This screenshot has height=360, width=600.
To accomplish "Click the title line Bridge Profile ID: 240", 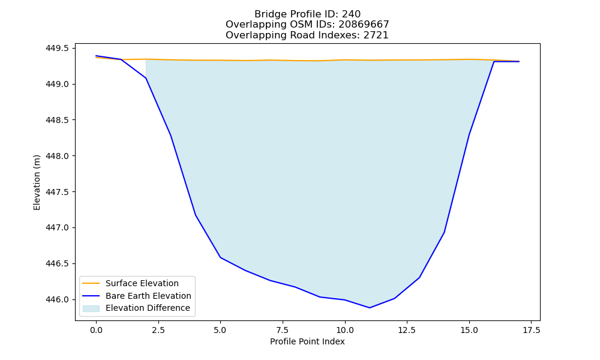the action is click(307, 14).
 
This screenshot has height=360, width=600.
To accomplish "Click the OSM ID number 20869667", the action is click(364, 25).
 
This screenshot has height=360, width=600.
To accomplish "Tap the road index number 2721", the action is click(376, 35).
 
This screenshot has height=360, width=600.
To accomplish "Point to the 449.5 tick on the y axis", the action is click(58, 48).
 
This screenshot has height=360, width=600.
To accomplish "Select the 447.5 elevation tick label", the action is click(58, 191).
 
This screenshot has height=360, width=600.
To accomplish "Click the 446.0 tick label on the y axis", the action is click(58, 299).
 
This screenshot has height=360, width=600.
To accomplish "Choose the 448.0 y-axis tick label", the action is click(58, 156).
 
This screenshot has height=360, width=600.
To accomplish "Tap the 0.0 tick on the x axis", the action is click(96, 330).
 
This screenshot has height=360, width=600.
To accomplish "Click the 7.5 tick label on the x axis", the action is click(283, 330).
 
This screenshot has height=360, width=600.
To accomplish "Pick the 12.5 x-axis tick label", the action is click(407, 330).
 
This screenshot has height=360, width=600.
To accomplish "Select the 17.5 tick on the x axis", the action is click(531, 330).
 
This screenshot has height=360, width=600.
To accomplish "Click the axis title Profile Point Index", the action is click(307, 341).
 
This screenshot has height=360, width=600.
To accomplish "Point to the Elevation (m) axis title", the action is click(37, 182).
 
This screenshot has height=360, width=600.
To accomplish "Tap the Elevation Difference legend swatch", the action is click(91, 308).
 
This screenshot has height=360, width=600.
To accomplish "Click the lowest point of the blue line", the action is click(370, 308).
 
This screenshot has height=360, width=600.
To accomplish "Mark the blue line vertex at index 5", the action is click(220, 257).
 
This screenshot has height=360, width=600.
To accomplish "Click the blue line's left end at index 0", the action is click(96, 56).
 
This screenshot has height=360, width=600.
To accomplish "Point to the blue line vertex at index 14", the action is click(444, 232).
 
